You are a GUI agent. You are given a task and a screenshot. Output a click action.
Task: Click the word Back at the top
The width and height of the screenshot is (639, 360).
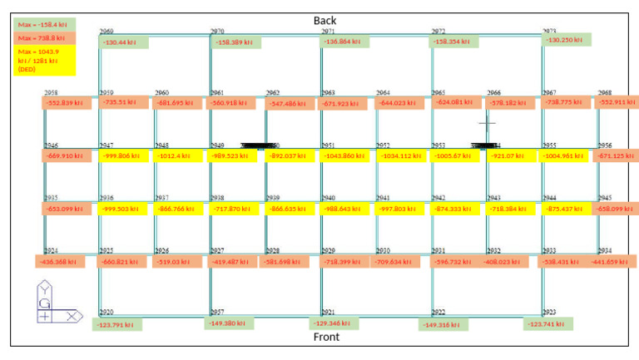pos(325,20)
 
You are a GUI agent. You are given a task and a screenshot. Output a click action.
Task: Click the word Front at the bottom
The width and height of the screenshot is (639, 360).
pos(326,337)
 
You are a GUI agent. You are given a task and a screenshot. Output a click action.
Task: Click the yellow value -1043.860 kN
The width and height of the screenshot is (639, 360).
pos(343,155)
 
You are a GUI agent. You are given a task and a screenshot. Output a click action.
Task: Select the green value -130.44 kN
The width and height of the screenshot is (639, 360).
pos(121,42)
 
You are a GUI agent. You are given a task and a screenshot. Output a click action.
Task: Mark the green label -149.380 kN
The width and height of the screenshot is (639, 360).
pos(227,323)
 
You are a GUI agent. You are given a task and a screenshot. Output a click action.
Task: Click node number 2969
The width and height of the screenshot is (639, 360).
pos(106,32)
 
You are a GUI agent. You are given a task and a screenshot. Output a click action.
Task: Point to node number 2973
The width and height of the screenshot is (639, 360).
pos(550,32)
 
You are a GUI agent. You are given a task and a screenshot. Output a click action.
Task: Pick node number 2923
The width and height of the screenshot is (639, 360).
pos(550,313)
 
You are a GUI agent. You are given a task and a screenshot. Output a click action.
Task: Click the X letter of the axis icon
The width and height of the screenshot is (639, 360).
pos(72,316)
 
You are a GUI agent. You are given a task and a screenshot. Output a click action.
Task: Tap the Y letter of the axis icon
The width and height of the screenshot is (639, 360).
pos(44,290)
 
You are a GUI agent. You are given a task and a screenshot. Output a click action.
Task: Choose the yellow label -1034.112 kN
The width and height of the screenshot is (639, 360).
pos(399,155)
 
